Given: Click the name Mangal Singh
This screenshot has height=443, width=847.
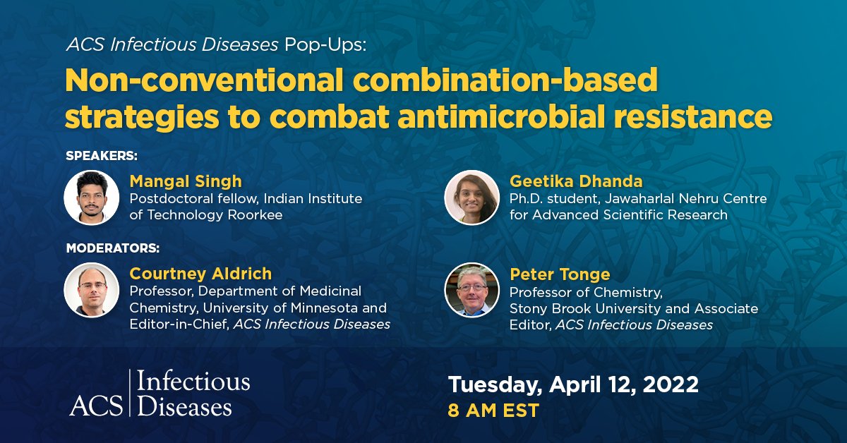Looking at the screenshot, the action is [185, 182].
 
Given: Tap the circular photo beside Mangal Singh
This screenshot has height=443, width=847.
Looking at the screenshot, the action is [92, 198].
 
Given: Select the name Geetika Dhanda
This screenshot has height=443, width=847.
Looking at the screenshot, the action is [576, 181].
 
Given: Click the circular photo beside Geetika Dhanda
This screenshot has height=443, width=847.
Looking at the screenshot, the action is [472, 198].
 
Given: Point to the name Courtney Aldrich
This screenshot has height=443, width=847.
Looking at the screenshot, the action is [200, 274].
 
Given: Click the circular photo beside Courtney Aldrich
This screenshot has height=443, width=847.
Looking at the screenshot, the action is [92, 291].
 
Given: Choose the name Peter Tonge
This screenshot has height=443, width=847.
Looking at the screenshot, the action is [560, 275].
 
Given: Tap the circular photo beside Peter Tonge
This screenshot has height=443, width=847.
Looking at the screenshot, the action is [472, 291].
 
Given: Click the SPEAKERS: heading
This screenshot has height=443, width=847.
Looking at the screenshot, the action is [102, 156].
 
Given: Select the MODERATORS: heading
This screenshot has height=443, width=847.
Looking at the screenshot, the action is [113, 248].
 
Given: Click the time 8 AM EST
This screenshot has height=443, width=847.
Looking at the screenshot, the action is [493, 411].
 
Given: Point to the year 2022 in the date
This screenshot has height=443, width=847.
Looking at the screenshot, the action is [670, 384].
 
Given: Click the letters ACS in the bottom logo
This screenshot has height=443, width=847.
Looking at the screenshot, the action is [96, 406].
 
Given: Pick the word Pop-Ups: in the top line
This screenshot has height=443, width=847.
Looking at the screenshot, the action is [325, 45].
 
